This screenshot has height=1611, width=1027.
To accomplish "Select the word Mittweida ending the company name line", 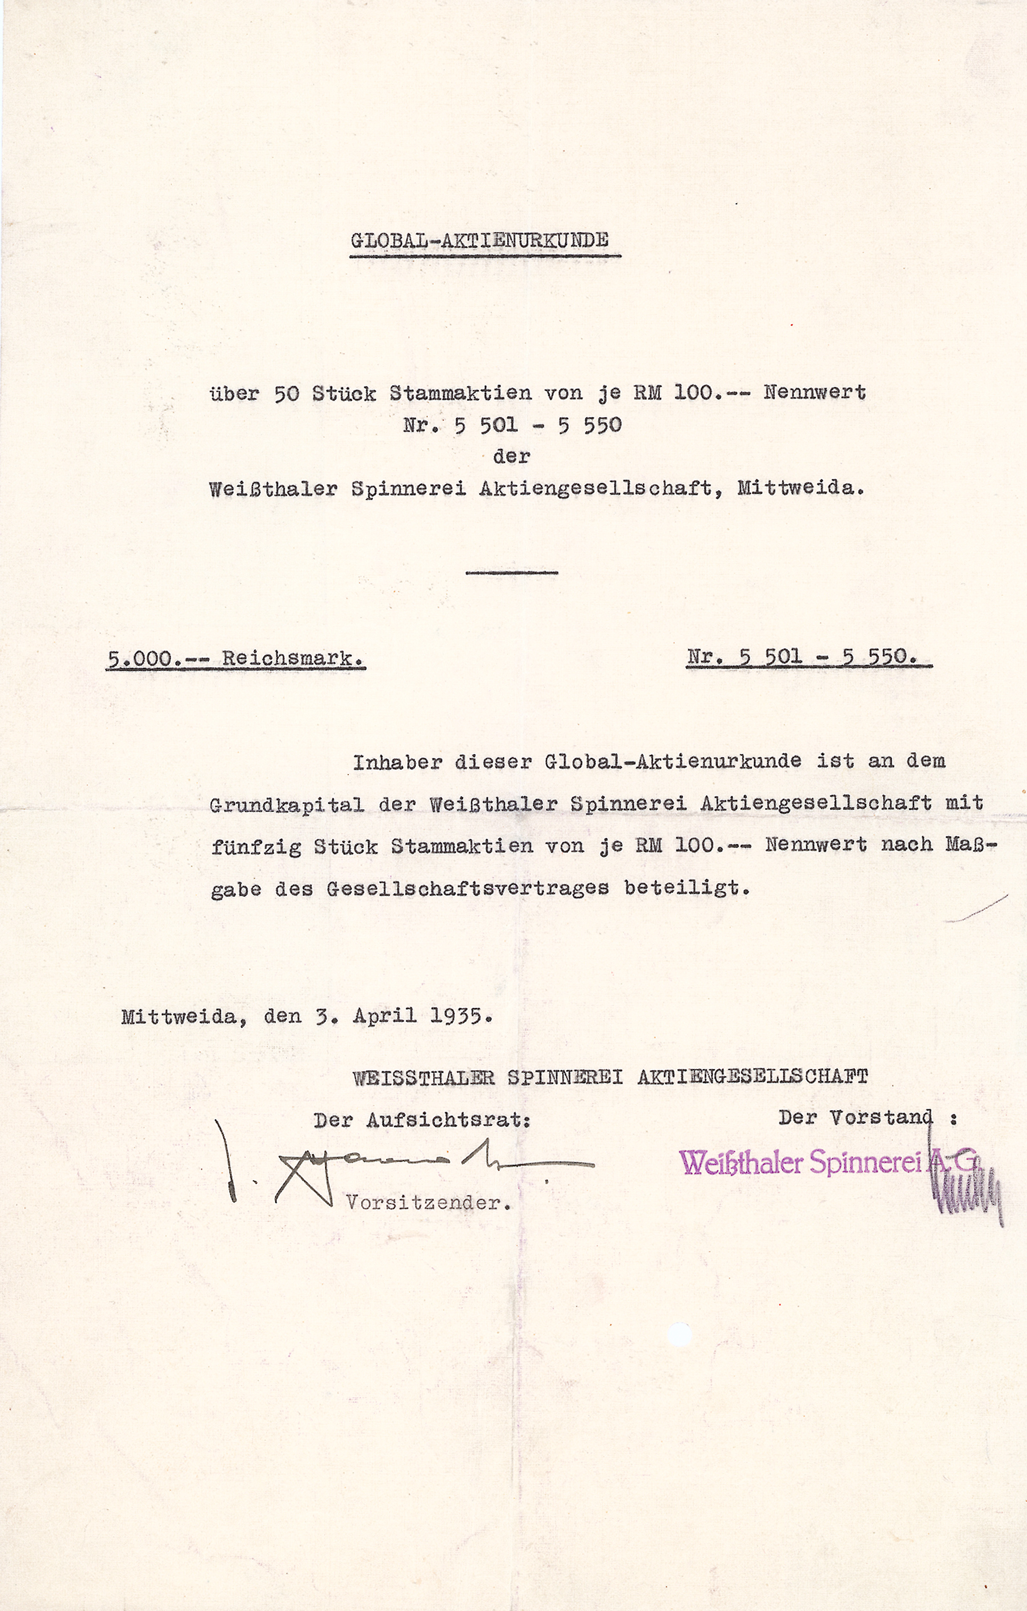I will pos(799,488).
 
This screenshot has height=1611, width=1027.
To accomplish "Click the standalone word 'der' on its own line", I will pos(511,457).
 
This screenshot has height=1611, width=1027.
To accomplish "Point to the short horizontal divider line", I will pos(511,573).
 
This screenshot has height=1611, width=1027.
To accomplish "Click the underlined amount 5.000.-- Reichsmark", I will pos(235,659).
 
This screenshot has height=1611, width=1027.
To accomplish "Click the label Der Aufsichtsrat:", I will pos(421,1120).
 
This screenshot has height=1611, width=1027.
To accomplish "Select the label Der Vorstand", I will pos(855,1117).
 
